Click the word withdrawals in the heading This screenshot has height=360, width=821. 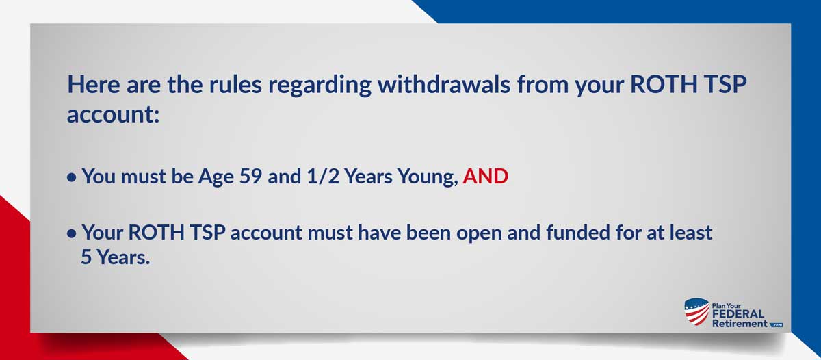[x=444, y=84]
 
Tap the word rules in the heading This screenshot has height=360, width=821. [x=235, y=84]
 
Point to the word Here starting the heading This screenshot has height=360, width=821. [x=94, y=84]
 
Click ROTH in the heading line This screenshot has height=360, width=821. [x=664, y=84]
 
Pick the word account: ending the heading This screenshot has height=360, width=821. [x=114, y=114]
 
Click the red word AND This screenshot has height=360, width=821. [x=486, y=177]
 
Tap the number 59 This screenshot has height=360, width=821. [x=250, y=177]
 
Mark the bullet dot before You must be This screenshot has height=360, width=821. [x=72, y=178]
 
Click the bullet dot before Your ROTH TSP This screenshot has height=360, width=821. [x=72, y=233]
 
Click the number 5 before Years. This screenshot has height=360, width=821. [x=86, y=257]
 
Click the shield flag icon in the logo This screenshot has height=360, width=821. [x=696, y=311]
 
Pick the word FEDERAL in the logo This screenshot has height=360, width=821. [x=738, y=314]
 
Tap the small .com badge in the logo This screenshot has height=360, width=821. [x=777, y=325]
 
